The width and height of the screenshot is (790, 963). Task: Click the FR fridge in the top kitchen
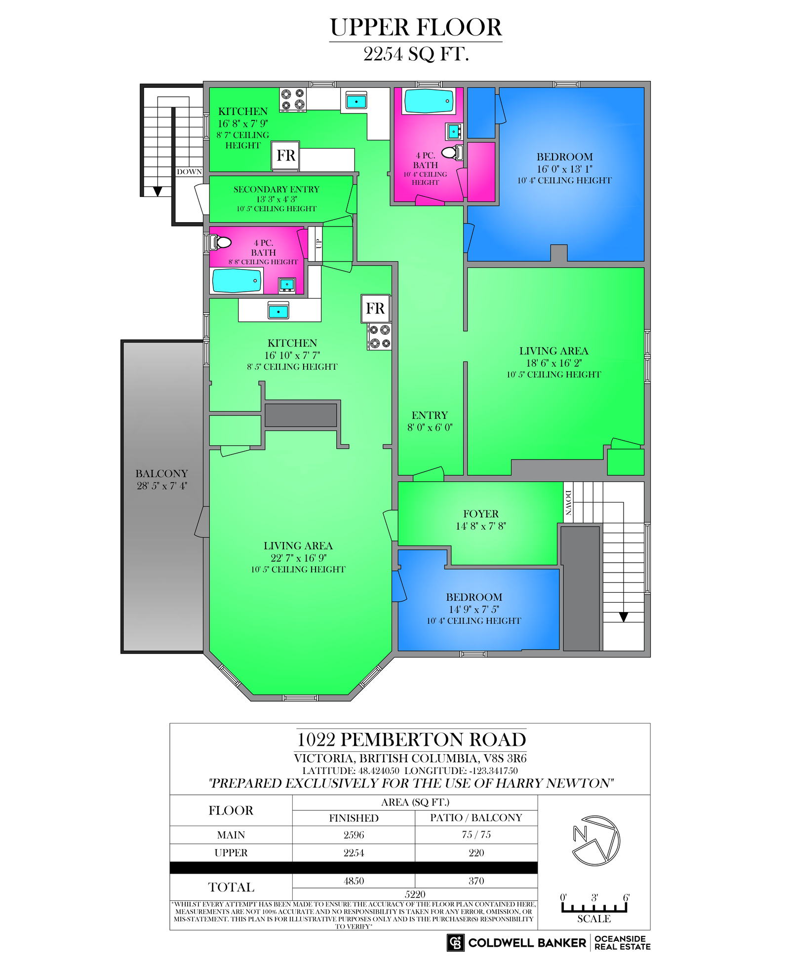click(x=286, y=156)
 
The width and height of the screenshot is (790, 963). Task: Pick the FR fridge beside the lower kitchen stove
click(x=375, y=308)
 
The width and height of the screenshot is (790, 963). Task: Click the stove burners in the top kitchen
click(x=293, y=100)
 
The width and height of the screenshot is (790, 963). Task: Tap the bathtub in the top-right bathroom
click(x=429, y=101)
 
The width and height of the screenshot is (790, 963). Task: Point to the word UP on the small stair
click(x=318, y=243)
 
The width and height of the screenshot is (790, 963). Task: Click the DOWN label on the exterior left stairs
click(x=189, y=172)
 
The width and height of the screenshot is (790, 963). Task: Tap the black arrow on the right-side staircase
click(x=624, y=617)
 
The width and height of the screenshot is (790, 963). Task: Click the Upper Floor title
click(x=416, y=28)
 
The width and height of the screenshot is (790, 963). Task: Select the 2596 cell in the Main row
click(x=354, y=835)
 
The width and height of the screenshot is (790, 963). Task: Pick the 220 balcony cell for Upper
click(x=476, y=852)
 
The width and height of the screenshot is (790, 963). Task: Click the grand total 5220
click(x=415, y=894)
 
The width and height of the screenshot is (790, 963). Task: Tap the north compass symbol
click(x=596, y=841)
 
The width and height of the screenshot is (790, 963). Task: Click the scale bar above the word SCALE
click(x=594, y=907)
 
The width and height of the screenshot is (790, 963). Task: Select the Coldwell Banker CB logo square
click(x=456, y=942)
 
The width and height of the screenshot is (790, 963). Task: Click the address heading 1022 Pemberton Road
click(x=411, y=739)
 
